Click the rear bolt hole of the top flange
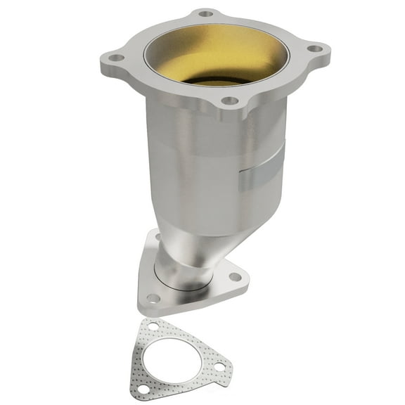coord(205,13)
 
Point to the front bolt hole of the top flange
coord(229,101)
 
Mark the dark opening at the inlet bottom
coord(214,79)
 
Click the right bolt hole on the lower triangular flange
coord(235,276)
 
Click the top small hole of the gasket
coord(150,326)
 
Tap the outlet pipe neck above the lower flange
coord(184,260)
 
